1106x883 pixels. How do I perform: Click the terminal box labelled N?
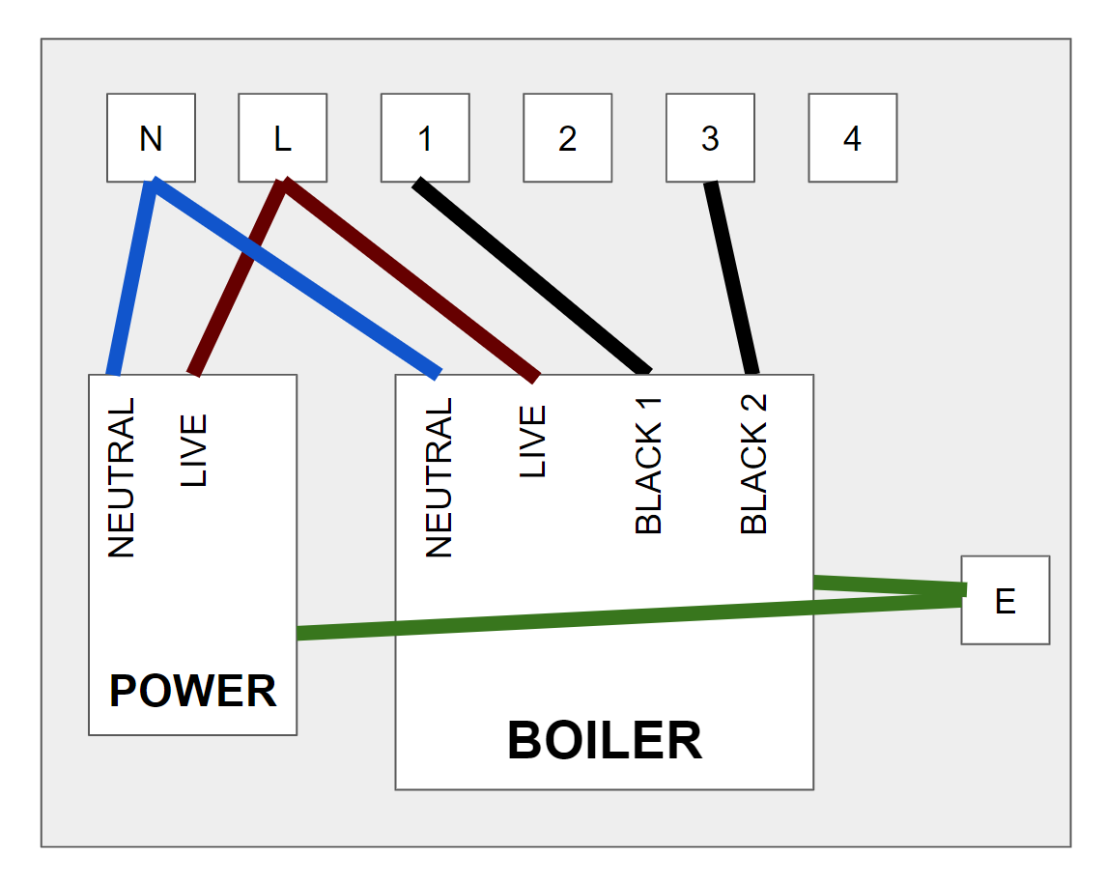pos(151,137)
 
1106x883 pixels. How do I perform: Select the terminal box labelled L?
pos(282,137)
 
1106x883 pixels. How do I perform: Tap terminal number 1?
pos(425,137)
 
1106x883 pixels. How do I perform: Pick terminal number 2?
pos(567,137)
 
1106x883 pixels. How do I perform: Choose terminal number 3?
pos(710,137)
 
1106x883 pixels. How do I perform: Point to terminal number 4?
pos(852,137)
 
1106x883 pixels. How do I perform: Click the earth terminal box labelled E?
pos(1005,600)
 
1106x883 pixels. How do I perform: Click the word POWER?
pos(192,692)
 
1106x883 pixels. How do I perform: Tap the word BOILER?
pos(604,741)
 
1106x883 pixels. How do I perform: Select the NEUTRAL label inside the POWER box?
pos(122,478)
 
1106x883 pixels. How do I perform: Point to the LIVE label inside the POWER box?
pos(194,450)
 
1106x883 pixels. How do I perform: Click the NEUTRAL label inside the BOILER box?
pos(440,478)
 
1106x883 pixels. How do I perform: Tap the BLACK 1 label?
pos(649,464)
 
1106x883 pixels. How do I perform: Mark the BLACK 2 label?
pos(753,464)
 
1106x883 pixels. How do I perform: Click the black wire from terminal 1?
pos(531,275)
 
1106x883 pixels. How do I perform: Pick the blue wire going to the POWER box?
pos(131,280)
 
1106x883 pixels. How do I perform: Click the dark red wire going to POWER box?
pos(237,280)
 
